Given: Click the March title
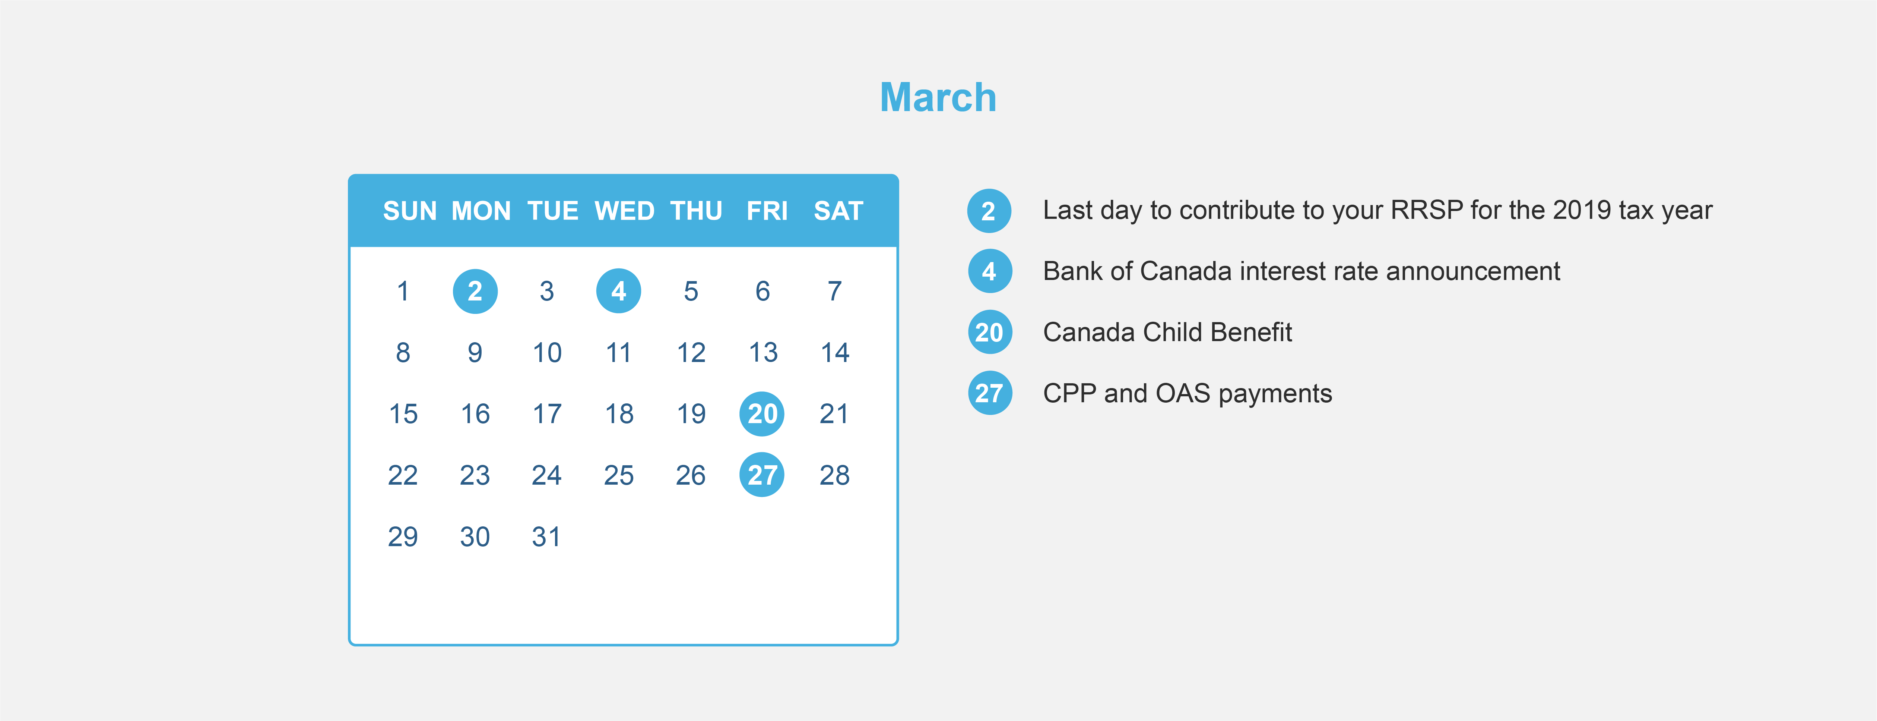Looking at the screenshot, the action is (x=938, y=98).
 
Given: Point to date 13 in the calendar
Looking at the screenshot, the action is (x=763, y=353).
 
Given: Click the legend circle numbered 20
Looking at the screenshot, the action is (x=989, y=333).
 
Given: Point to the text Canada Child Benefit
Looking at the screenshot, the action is (x=1167, y=333).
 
